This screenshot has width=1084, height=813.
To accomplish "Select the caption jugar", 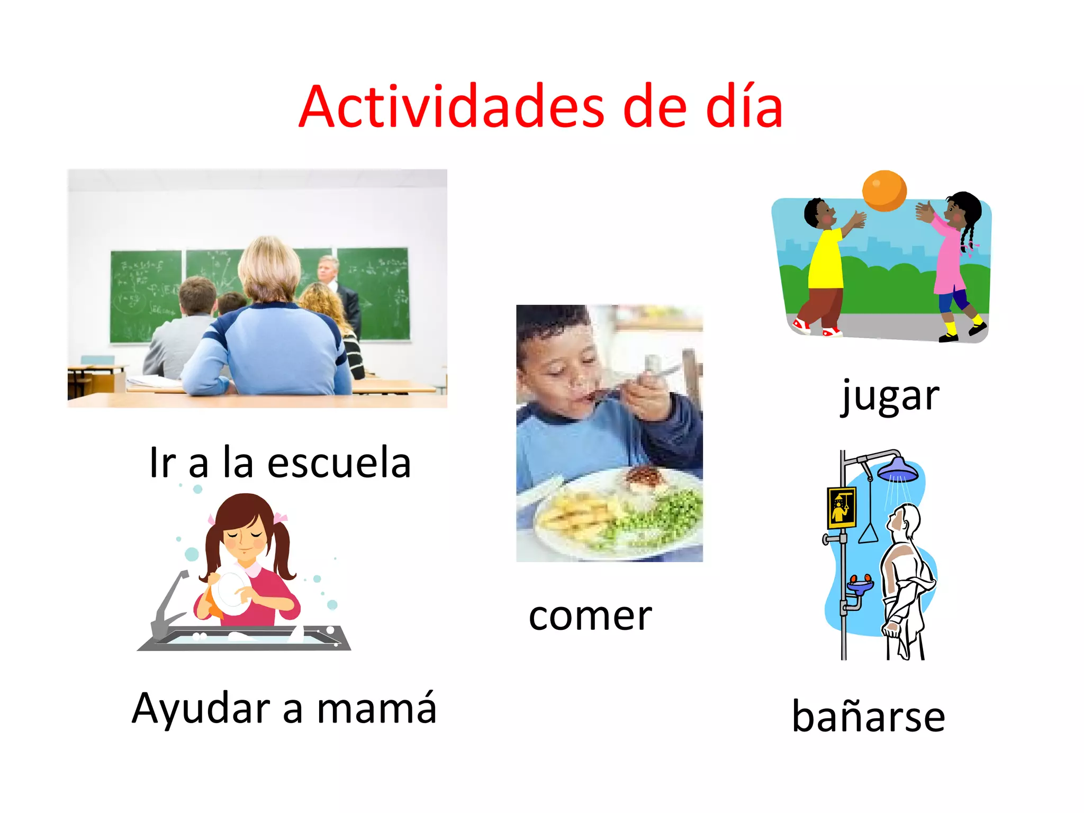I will (x=891, y=396).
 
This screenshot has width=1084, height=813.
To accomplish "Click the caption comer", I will (x=590, y=617).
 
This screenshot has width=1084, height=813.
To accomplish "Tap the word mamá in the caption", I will (x=377, y=708).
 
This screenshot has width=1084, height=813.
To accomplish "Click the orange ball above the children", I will (x=884, y=191).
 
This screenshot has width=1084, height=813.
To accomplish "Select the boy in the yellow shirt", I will (x=824, y=265).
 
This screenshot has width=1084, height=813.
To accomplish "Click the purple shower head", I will (x=898, y=469).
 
